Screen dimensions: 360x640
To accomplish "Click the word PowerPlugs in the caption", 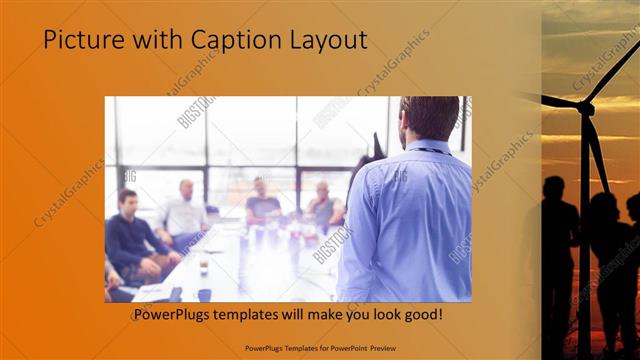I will [x=177, y=315].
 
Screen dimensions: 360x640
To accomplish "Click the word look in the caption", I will [x=383, y=315].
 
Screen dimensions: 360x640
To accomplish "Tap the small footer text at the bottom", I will [x=319, y=347].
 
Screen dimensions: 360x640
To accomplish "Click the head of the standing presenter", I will [x=421, y=119].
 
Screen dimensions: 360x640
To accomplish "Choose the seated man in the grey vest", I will [x=322, y=205].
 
